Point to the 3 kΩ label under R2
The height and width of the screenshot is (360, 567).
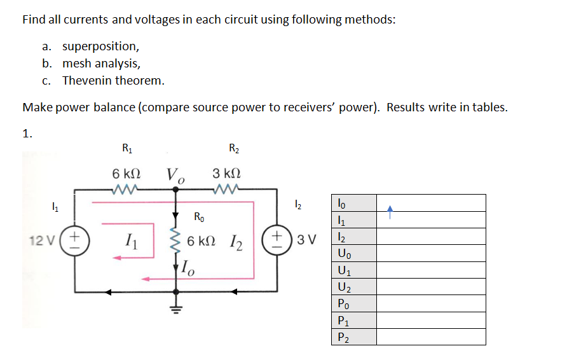pyautogui.click(x=226, y=174)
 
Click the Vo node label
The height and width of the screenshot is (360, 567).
pyautogui.click(x=175, y=175)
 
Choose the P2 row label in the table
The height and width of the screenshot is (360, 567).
pyautogui.click(x=344, y=337)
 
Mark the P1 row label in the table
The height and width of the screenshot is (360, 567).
pyautogui.click(x=344, y=321)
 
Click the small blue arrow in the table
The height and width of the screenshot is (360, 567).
pyautogui.click(x=392, y=207)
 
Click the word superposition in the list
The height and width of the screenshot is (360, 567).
pyautogui.click(x=100, y=46)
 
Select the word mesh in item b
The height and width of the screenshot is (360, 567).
pyautogui.click(x=76, y=64)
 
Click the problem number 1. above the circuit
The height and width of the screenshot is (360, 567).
pyautogui.click(x=27, y=133)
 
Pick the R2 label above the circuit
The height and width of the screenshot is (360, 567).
pyautogui.click(x=233, y=149)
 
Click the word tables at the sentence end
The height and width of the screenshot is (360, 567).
pyautogui.click(x=488, y=107)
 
